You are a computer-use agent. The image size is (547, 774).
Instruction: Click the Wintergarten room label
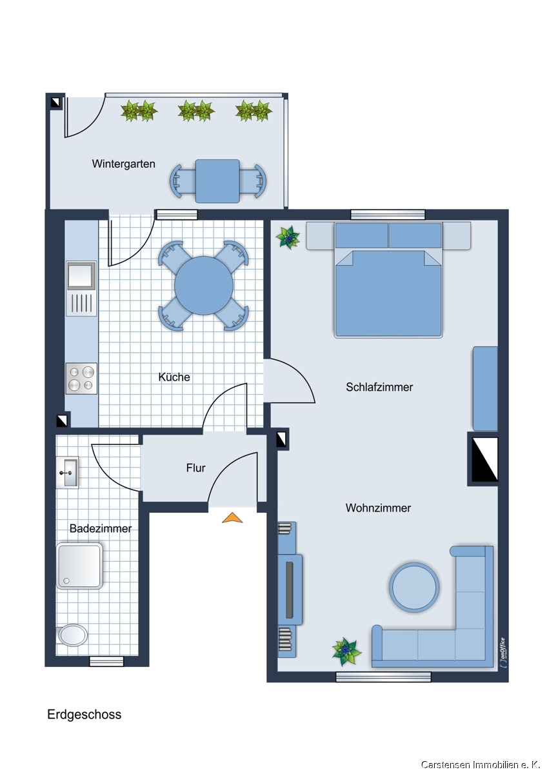(123, 164)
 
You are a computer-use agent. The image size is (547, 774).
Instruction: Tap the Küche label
(174, 377)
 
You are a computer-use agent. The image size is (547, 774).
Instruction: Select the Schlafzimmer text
(379, 387)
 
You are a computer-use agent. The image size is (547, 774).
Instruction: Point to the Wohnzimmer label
(379, 508)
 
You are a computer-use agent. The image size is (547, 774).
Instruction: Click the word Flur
(195, 468)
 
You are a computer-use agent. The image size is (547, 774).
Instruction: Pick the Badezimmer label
(101, 528)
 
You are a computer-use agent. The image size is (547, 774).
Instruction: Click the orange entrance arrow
(232, 517)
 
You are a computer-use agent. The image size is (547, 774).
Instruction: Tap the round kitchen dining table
(204, 285)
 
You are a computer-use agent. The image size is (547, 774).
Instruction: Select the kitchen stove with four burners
(81, 379)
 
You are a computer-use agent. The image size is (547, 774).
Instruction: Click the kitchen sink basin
(81, 275)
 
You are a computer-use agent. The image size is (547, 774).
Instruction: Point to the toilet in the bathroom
(72, 635)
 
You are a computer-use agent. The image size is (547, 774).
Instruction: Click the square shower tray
(79, 566)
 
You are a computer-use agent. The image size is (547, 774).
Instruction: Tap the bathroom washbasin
(67, 472)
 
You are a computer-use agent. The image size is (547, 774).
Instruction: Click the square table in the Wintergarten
(217, 181)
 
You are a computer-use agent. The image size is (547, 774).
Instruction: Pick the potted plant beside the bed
(288, 237)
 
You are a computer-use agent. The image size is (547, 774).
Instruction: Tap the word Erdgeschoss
(85, 714)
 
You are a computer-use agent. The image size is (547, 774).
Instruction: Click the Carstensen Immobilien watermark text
(481, 765)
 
